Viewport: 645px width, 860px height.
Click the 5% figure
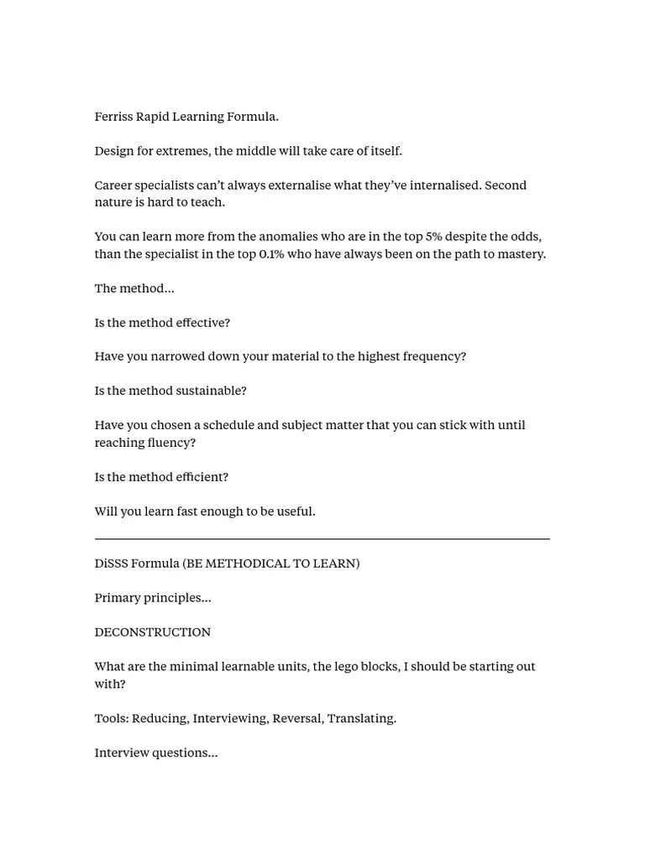[x=434, y=237]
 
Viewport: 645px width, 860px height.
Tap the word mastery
[x=521, y=254]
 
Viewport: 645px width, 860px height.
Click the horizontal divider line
[x=322, y=538]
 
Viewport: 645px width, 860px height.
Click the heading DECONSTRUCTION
[x=152, y=632]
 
